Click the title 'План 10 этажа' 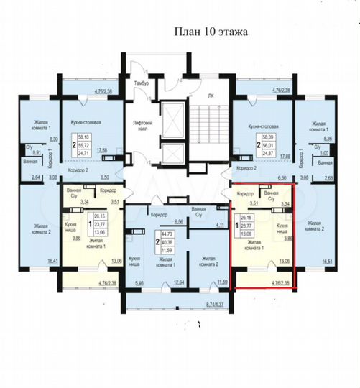point(209,33)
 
